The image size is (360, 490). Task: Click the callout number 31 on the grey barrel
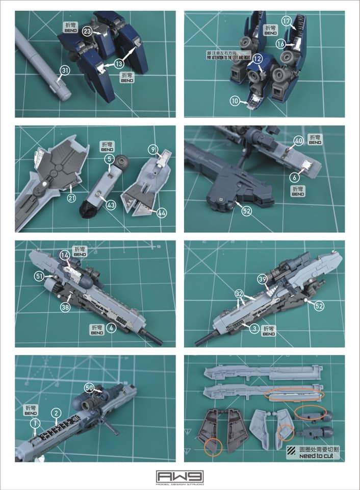(x=64, y=70)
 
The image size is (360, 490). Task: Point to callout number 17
(x=301, y=21)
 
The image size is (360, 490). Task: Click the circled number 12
(x=258, y=59)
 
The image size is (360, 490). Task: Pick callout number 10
(x=235, y=102)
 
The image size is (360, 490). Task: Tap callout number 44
(x=162, y=212)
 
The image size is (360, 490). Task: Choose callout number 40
(x=299, y=140)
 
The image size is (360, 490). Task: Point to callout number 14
(x=65, y=254)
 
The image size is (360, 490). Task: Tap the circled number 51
(x=39, y=276)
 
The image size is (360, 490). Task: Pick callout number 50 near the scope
(x=89, y=387)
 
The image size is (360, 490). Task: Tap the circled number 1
(x=35, y=423)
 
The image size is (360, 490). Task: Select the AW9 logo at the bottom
(x=179, y=477)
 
